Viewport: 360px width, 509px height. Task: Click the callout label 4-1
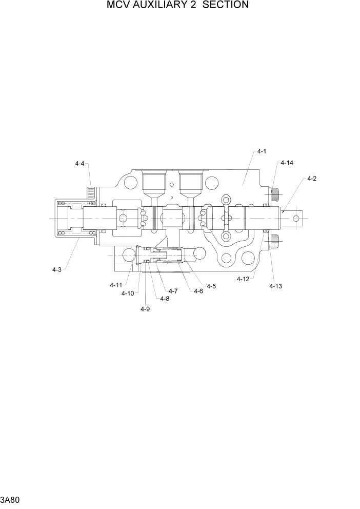click(x=262, y=152)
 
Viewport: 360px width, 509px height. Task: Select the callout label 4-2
click(x=311, y=179)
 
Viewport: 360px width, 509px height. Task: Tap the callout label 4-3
click(x=57, y=269)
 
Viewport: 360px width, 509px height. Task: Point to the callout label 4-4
click(x=79, y=164)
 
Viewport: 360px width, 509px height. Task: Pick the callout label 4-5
click(x=211, y=286)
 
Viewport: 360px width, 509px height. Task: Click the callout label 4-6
click(x=198, y=291)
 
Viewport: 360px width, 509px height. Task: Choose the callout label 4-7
click(x=173, y=291)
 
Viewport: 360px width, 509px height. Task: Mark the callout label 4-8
click(x=165, y=299)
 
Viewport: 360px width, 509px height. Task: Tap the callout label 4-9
click(x=145, y=308)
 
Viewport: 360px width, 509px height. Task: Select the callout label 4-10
click(x=128, y=293)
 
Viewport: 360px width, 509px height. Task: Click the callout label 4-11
click(x=115, y=285)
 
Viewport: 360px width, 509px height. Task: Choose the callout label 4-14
click(x=287, y=163)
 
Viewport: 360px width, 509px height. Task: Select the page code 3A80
click(x=11, y=499)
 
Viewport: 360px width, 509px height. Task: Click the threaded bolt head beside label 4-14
click(x=275, y=193)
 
